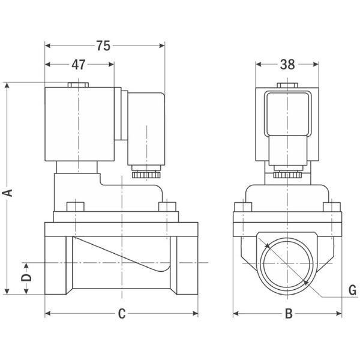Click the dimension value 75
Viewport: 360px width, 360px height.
point(104,46)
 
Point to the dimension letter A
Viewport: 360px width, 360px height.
point(7,192)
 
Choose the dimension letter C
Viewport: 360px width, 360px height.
point(121,313)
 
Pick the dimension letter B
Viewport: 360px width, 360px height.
point(287,313)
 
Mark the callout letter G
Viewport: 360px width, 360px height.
point(352,290)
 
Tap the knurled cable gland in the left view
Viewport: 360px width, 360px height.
point(143,175)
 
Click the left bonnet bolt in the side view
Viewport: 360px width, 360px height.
point(73,208)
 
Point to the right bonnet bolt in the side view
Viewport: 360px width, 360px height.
point(166,208)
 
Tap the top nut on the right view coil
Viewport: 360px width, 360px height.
point(287,86)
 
